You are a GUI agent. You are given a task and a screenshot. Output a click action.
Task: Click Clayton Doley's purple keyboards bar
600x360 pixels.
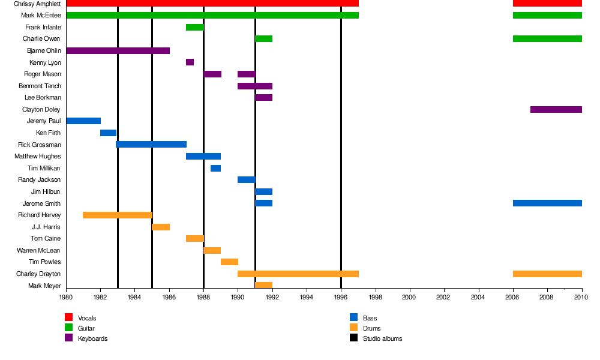[x=556, y=109]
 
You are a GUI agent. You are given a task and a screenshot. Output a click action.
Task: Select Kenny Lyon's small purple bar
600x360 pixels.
[x=190, y=62]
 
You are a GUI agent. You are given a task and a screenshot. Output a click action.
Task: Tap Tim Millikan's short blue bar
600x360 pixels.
[x=215, y=168]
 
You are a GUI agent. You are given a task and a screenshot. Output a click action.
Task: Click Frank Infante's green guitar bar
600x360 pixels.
[x=194, y=27]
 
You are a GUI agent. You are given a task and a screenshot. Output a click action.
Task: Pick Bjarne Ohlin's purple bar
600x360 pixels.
[x=118, y=50]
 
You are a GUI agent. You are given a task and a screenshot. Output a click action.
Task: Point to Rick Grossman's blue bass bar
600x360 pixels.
[x=151, y=145]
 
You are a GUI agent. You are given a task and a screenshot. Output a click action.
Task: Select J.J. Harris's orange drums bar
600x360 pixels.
[x=161, y=227]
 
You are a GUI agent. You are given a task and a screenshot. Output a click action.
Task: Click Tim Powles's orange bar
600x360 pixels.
[x=229, y=262]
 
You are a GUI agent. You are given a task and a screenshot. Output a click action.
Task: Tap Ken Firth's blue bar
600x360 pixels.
[x=108, y=133]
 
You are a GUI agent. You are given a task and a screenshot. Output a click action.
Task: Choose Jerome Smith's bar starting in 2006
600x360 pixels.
[x=547, y=203]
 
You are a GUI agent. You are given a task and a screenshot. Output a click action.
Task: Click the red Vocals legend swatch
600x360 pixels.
[x=68, y=317]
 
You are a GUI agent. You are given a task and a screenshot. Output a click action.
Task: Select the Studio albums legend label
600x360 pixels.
[x=382, y=338]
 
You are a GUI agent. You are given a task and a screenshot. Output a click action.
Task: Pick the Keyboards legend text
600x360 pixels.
[x=92, y=338]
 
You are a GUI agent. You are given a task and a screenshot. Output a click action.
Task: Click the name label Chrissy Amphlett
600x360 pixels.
[x=37, y=4]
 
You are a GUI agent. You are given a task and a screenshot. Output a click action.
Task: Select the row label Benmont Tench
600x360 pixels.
[x=40, y=86]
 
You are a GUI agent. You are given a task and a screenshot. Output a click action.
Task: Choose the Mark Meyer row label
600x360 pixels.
[x=44, y=286]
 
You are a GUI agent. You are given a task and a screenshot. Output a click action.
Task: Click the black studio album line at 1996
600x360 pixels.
[x=341, y=150]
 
